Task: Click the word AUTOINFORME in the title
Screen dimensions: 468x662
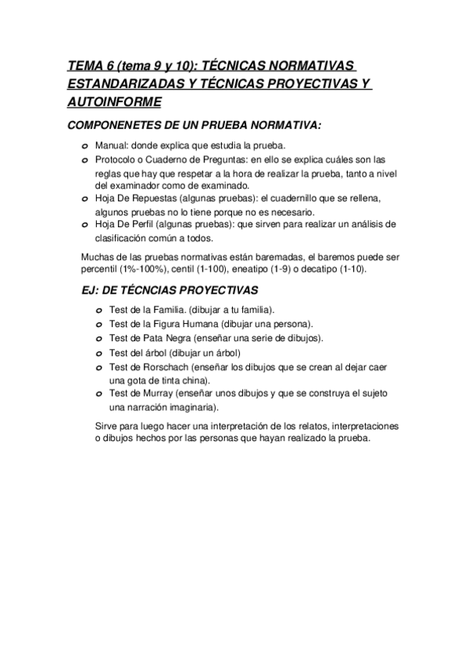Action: [115, 101]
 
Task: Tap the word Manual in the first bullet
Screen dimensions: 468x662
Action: [112, 146]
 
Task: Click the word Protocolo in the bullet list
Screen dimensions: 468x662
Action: [116, 159]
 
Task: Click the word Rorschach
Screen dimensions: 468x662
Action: [159, 367]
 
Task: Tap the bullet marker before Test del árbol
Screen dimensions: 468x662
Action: [99, 353]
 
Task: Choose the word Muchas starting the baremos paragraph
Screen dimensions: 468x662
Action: [98, 256]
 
